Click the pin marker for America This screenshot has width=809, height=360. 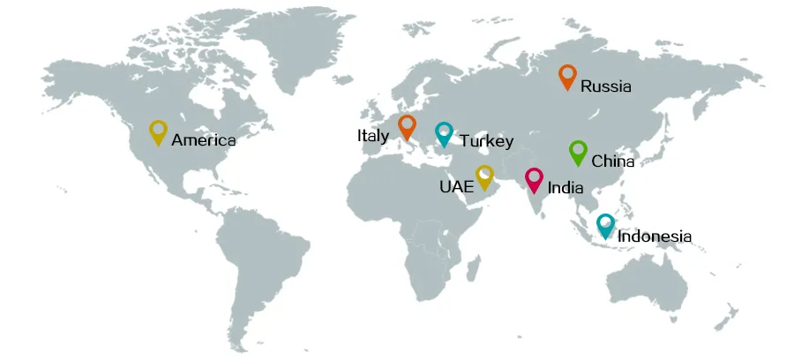click(x=158, y=131)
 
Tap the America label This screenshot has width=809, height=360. click(x=204, y=140)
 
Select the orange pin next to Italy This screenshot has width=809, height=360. click(x=407, y=126)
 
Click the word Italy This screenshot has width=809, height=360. click(x=373, y=136)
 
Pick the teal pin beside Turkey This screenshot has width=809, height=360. click(x=444, y=133)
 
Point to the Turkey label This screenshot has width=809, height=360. click(x=486, y=141)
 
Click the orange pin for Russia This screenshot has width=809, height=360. click(x=567, y=77)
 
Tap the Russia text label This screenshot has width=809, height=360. click(x=606, y=86)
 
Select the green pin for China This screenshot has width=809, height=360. click(x=577, y=152)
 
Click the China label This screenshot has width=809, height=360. click(x=613, y=161)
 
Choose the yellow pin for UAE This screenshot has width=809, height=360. click(x=484, y=176)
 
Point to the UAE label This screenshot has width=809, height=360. click(x=456, y=187)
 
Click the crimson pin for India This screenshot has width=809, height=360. click(x=534, y=179)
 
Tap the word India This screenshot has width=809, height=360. click(x=565, y=188)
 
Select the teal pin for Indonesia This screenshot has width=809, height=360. click(x=605, y=226)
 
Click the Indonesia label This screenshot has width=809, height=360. click(x=655, y=236)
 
